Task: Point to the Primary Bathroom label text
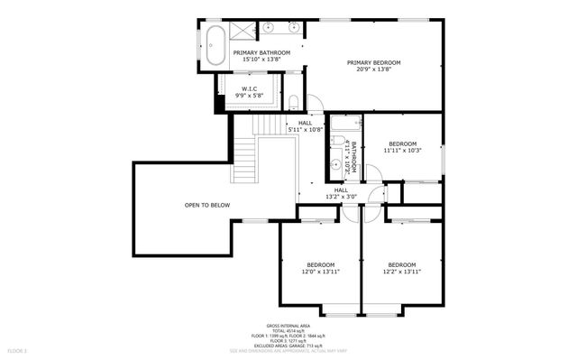click(x=261, y=53)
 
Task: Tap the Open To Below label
click(x=207, y=205)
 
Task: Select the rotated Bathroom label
click(x=354, y=154)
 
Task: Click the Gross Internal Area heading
click(x=288, y=325)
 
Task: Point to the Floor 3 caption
click(x=17, y=349)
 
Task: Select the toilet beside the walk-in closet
click(x=294, y=101)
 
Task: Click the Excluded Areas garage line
click(x=288, y=345)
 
